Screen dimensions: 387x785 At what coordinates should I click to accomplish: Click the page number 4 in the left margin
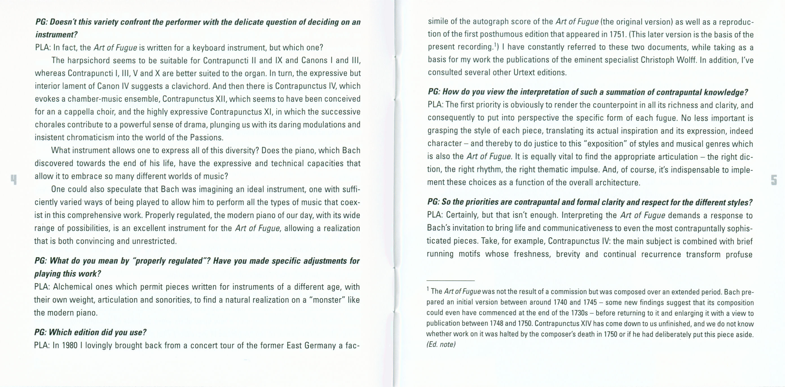[x=14, y=180]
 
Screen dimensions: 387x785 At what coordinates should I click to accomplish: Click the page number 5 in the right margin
[x=774, y=180]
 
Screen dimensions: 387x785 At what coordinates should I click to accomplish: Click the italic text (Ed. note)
[x=441, y=344]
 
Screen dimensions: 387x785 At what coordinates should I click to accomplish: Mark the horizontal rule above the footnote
[x=450, y=281]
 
